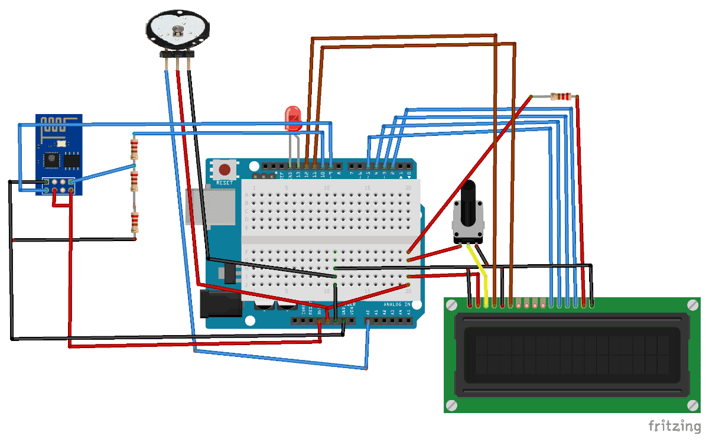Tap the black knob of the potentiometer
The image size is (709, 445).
coord(468,198)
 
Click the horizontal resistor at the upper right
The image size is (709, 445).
coord(561,96)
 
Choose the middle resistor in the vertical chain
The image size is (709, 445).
coord(135,181)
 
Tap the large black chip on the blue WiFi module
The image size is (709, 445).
coord(51,160)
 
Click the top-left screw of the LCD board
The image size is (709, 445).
coord(452,305)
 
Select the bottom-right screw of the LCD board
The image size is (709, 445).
coord(692,405)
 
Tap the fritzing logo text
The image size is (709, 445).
coord(674,426)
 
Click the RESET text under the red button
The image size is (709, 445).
coord(225,183)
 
